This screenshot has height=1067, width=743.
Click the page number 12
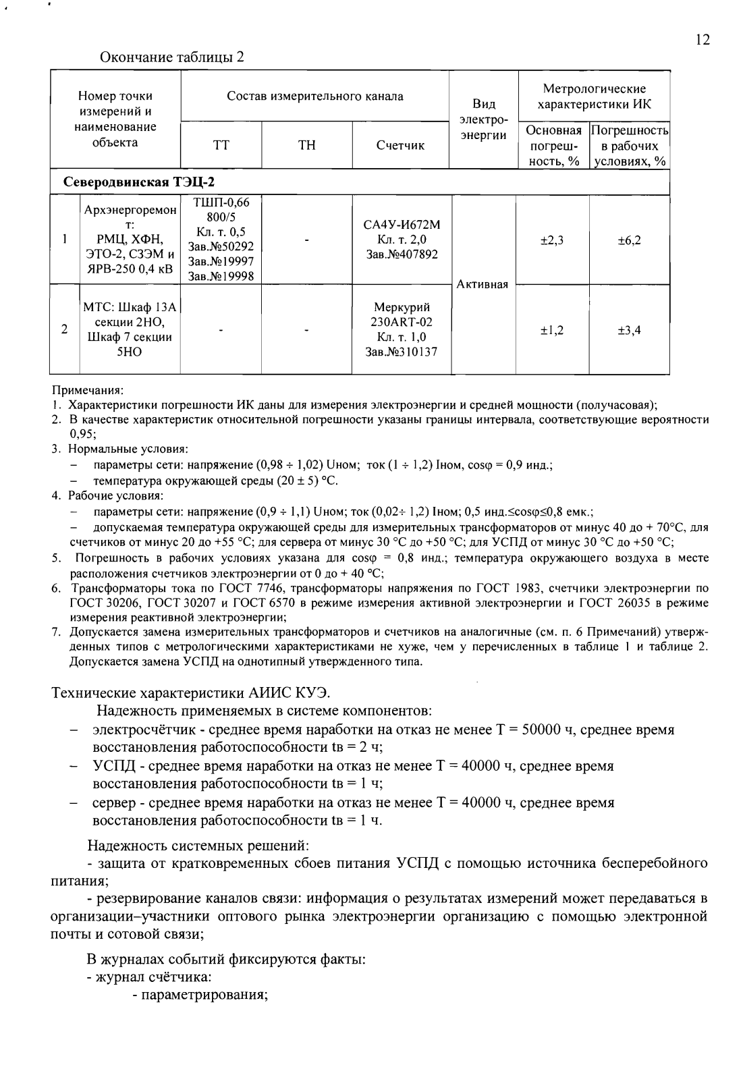(x=703, y=40)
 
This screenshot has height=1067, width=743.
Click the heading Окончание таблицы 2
(x=171, y=57)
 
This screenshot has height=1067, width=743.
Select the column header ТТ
(x=221, y=146)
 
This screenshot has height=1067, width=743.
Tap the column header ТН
(x=306, y=146)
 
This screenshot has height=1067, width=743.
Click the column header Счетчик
(x=401, y=146)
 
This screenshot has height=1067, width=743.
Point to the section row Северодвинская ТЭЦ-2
(x=139, y=182)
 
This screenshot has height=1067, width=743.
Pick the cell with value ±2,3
(x=552, y=240)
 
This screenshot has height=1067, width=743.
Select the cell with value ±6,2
(x=629, y=240)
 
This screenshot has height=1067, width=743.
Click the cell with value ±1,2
(x=552, y=330)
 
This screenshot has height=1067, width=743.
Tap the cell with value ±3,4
(x=629, y=330)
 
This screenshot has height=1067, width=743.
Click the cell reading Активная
(x=483, y=284)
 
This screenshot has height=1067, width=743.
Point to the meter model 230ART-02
(x=402, y=322)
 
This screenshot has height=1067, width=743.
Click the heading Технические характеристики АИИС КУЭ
(x=191, y=692)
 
